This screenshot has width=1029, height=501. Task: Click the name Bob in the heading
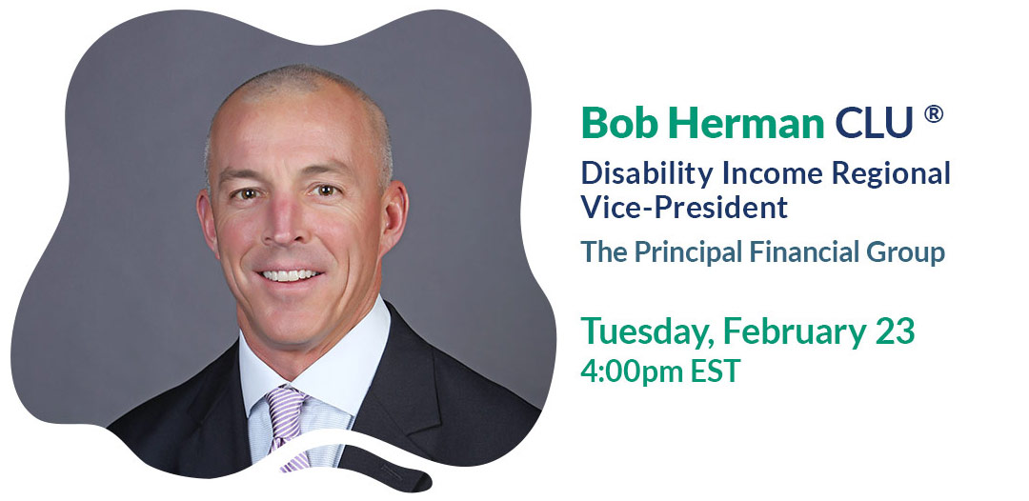[x=619, y=122]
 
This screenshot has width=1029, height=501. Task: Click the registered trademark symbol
[x=933, y=114]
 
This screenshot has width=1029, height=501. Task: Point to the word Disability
[x=648, y=173]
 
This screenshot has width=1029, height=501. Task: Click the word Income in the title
[x=773, y=173]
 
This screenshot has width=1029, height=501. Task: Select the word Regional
[x=891, y=174]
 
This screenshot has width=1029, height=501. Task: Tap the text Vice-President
[x=684, y=207]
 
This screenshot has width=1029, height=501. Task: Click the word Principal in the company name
[x=688, y=252]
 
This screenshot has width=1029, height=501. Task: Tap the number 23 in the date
[x=895, y=331]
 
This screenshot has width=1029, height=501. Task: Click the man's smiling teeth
[x=290, y=274]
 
